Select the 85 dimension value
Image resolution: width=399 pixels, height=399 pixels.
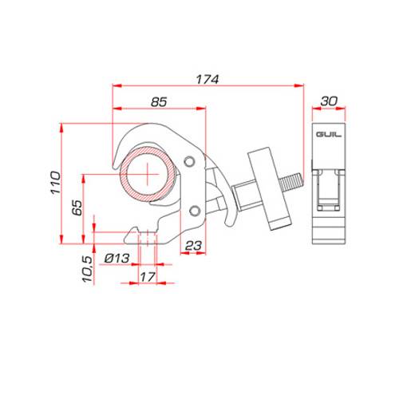point(159,101)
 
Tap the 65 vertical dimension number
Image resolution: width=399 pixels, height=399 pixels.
point(75,210)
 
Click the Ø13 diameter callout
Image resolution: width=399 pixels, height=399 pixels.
point(117,258)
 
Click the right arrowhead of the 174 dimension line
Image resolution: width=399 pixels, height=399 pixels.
point(304,85)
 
